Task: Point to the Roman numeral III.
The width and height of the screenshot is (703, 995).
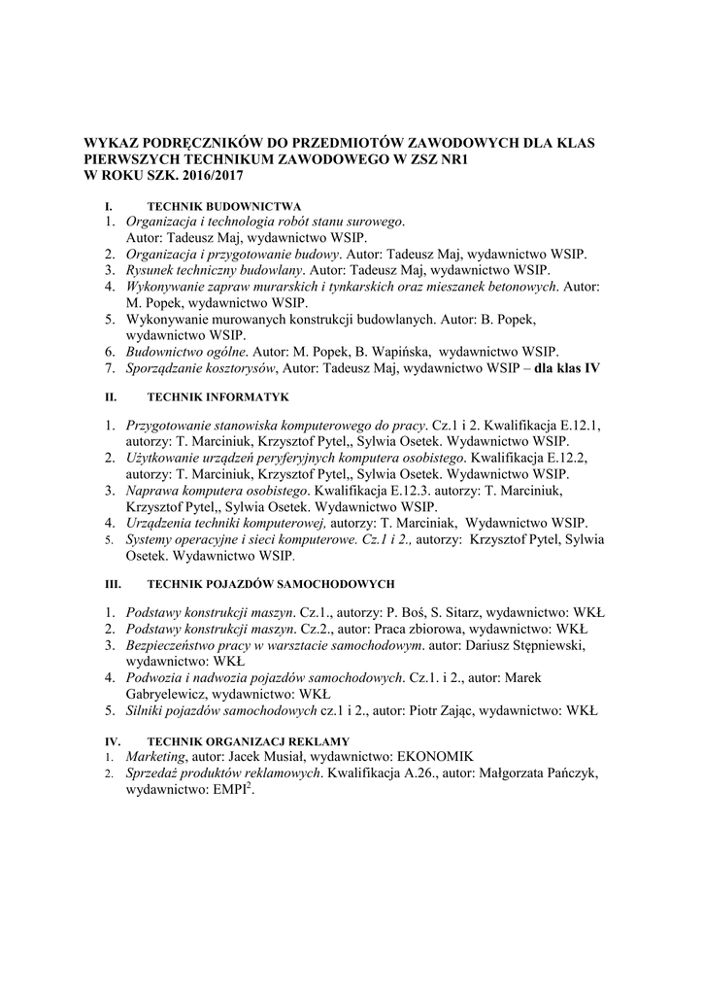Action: pyautogui.click(x=111, y=584)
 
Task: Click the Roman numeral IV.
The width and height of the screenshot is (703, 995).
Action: pyautogui.click(x=111, y=741)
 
